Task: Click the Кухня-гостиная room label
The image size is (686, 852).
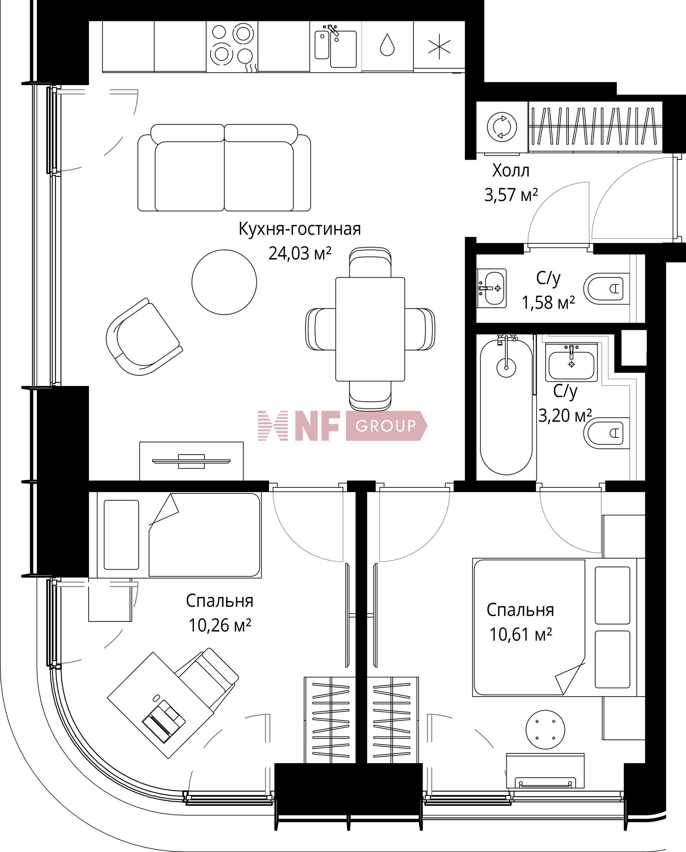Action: point(299,229)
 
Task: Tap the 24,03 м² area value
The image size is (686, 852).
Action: point(299,253)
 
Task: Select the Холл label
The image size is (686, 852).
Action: point(511,171)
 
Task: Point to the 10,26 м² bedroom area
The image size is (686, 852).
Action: point(220,625)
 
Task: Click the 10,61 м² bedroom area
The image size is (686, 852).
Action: point(521,635)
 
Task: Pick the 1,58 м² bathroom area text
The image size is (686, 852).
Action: point(548,303)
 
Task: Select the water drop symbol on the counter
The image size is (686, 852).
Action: point(387,45)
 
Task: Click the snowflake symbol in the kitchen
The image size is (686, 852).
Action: point(439,46)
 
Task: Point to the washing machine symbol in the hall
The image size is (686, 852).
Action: point(502,127)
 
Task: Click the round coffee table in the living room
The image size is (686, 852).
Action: point(224,282)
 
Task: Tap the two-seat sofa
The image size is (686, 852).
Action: point(224,168)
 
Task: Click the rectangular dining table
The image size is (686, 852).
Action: point(370,329)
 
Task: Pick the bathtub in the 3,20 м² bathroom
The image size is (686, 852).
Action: point(506,405)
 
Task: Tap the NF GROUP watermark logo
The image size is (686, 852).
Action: point(342,426)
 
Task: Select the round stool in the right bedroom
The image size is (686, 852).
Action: point(545,729)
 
